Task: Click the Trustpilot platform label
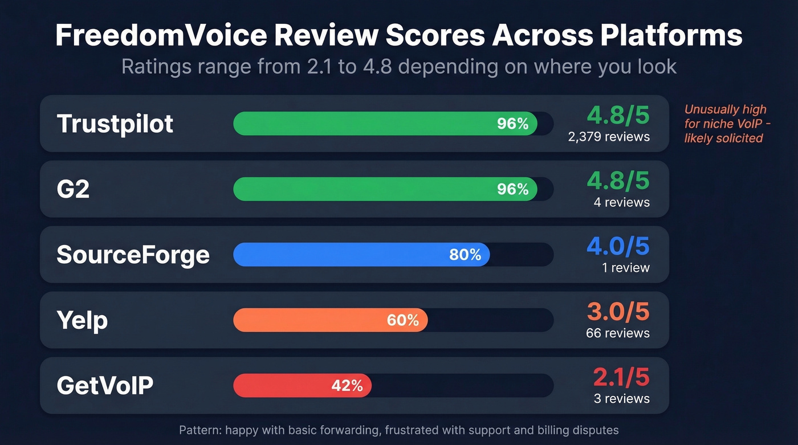point(115,124)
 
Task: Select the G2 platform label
point(73,189)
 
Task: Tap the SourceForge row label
point(133,255)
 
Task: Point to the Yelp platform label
point(82,320)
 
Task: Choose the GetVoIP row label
point(105,386)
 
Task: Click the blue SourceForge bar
point(342,255)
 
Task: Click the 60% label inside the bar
point(402,321)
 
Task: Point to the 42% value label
point(347,386)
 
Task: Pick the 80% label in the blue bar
point(465,255)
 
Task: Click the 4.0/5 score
point(618,246)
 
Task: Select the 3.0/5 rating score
point(618,312)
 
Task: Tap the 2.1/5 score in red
point(621,377)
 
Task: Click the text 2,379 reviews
point(608,137)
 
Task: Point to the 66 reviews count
point(617,333)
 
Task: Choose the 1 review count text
point(625,268)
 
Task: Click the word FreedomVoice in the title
point(161,35)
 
